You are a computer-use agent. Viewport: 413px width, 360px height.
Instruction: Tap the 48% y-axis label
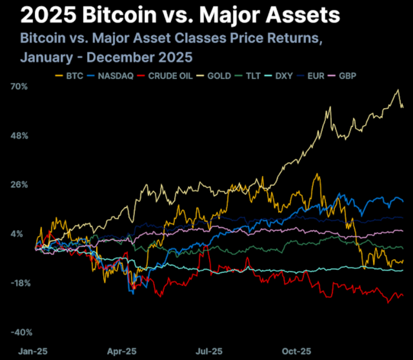pos(19,136)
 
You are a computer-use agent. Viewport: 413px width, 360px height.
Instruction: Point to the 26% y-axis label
pos(19,185)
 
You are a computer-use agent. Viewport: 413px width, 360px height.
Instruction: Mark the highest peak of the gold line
pos(398,89)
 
